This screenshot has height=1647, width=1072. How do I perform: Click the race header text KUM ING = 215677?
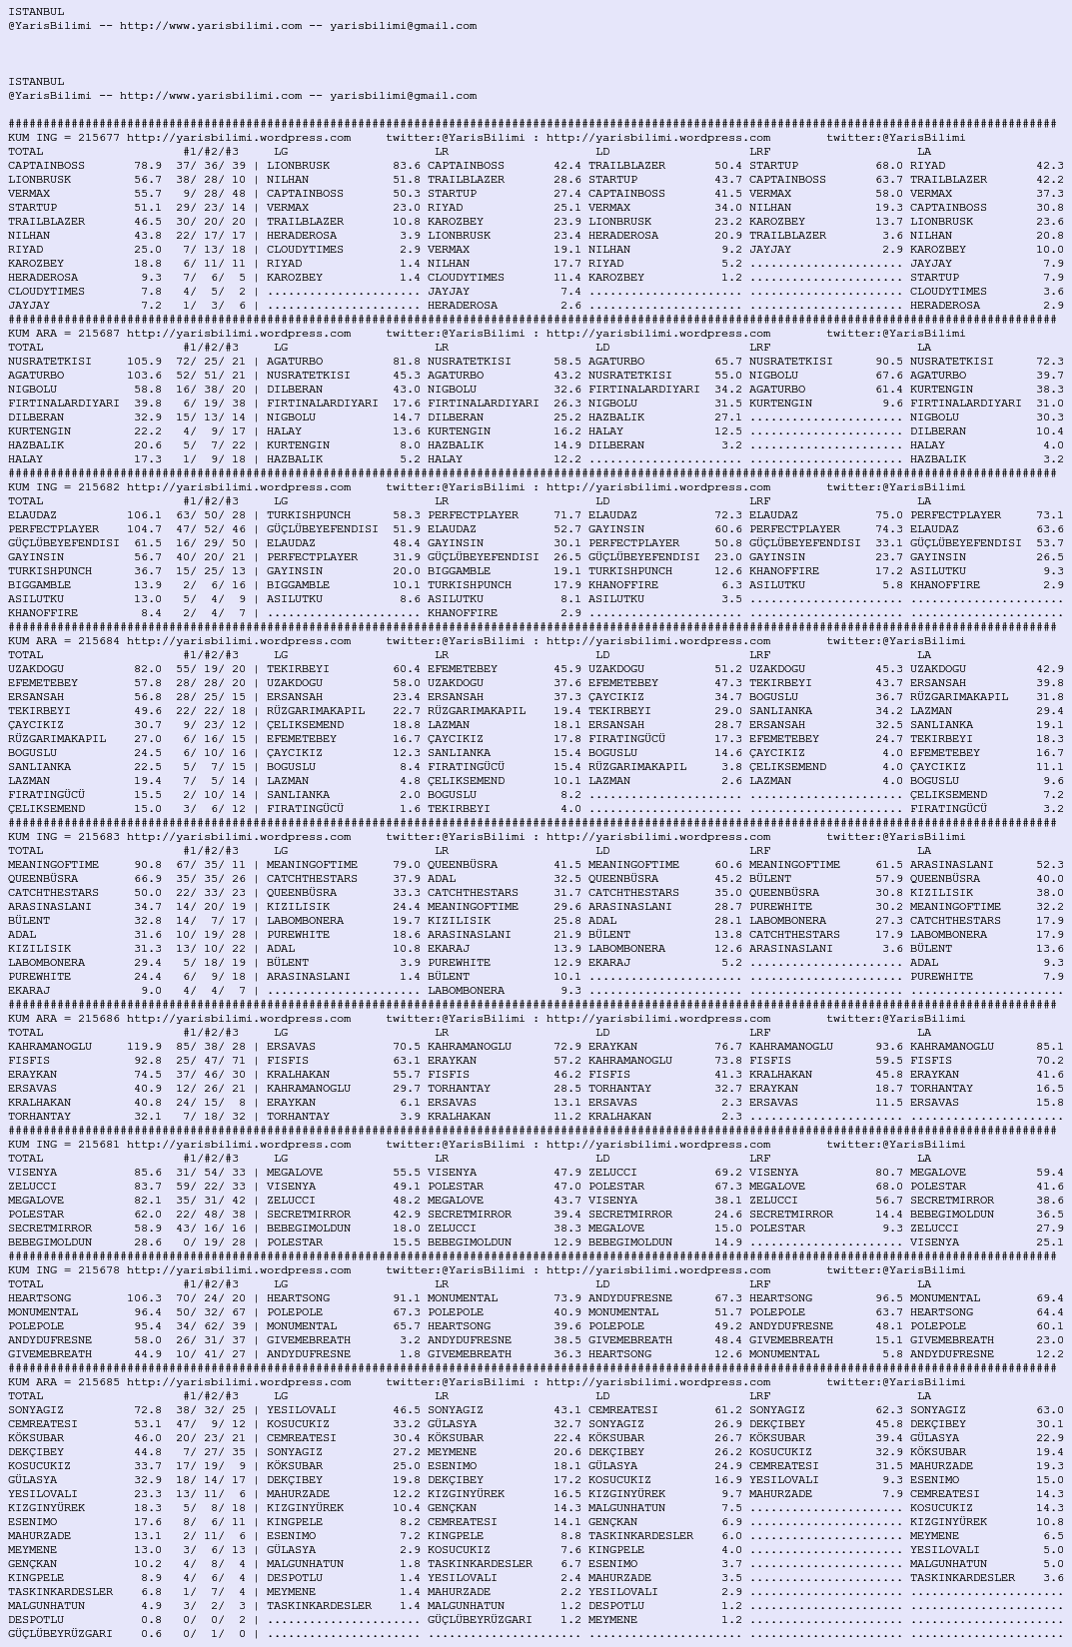click(x=64, y=138)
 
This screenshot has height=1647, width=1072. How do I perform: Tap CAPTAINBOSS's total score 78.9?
click(x=147, y=166)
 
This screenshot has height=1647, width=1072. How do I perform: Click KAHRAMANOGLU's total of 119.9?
click(x=144, y=1047)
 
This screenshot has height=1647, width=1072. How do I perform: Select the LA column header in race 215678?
click(x=924, y=1284)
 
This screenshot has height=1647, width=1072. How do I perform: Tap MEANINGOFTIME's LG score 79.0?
click(x=406, y=865)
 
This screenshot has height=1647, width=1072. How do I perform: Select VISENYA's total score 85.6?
click(x=147, y=1173)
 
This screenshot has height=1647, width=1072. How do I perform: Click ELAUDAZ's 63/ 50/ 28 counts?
click(x=210, y=515)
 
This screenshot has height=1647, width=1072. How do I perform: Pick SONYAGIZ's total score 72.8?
click(x=147, y=1410)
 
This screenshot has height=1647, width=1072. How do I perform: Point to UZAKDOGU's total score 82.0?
click(x=147, y=669)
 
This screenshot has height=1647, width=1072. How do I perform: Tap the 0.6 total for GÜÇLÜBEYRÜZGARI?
click(x=151, y=1634)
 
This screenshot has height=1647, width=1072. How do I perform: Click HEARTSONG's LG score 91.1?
click(x=406, y=1298)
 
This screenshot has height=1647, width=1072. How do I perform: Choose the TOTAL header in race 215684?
click(x=26, y=655)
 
